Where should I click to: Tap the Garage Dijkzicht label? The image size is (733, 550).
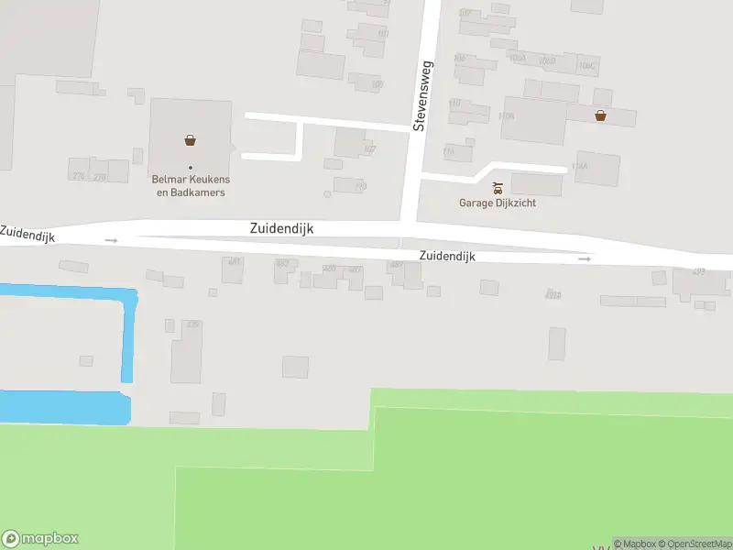[498, 203]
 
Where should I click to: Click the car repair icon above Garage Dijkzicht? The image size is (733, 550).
[498, 188]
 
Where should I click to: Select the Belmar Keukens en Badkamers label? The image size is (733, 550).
[189, 186]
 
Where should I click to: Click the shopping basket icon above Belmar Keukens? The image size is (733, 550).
[190, 140]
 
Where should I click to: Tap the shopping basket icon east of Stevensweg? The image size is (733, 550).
[600, 115]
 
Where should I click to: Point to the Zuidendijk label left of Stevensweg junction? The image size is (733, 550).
[281, 229]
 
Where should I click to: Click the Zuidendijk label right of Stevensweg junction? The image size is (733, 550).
[447, 257]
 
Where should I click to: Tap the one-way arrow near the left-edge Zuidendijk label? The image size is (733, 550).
[112, 240]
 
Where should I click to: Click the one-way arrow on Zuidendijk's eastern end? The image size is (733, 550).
[585, 259]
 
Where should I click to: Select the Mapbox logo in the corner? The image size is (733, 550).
[40, 538]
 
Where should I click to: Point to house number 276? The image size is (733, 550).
[78, 176]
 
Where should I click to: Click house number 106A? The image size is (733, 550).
[517, 59]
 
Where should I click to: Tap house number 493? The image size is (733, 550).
[699, 271]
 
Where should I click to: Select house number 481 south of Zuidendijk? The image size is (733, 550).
[235, 261]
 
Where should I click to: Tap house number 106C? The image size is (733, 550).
[586, 66]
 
